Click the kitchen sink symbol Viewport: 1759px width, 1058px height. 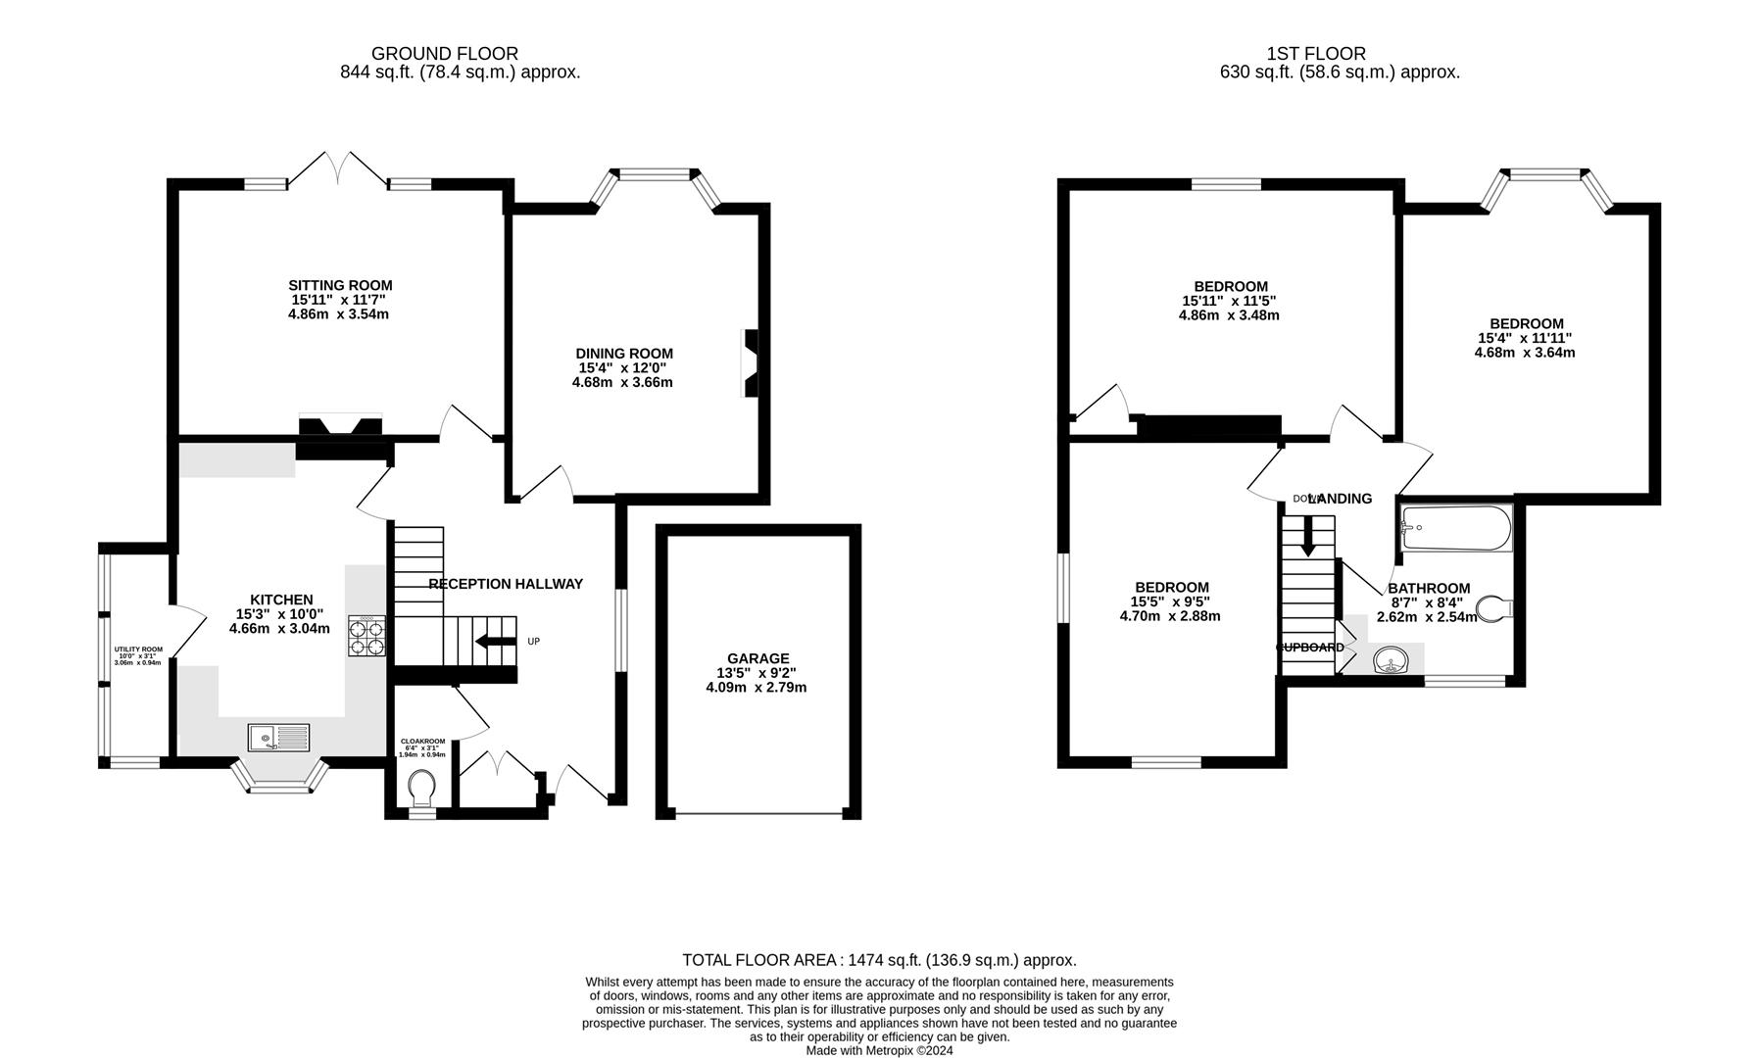pyautogui.click(x=277, y=736)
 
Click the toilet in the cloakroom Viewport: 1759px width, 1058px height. pyautogui.click(x=422, y=786)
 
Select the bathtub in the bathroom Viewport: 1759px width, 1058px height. pyautogui.click(x=1456, y=528)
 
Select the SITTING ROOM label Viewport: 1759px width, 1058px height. pyautogui.click(x=340, y=286)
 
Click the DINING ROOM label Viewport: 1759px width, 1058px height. pyautogui.click(x=624, y=354)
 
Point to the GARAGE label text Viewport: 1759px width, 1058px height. pyautogui.click(x=757, y=658)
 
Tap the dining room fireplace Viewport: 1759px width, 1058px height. pyautogui.click(x=750, y=363)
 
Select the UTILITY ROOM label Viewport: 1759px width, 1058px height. pyautogui.click(x=138, y=649)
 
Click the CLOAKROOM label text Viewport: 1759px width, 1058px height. pyautogui.click(x=422, y=742)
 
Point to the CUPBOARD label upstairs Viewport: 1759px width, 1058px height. pyautogui.click(x=1309, y=648)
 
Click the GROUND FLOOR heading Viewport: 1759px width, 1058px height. pyautogui.click(x=445, y=54)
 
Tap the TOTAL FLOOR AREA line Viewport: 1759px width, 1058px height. pyautogui.click(x=879, y=960)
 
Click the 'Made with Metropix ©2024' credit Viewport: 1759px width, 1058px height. pyautogui.click(x=879, y=1050)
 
